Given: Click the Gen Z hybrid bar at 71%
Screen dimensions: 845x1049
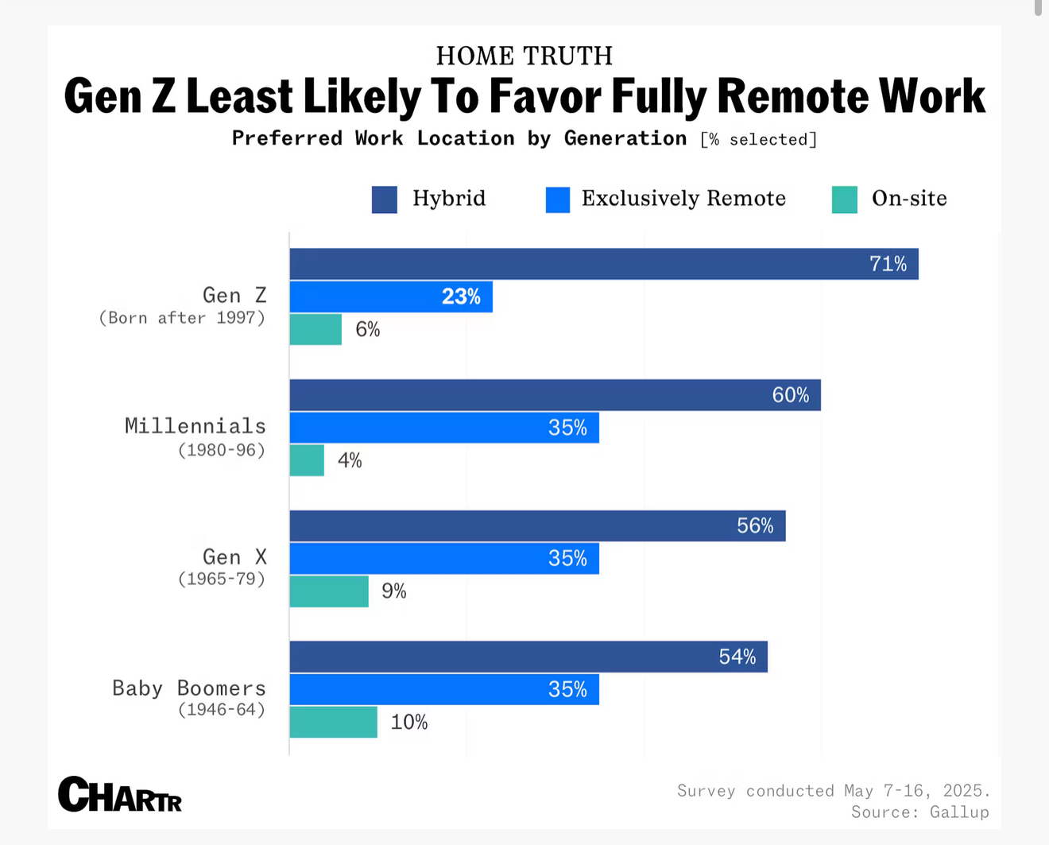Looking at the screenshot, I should point(604,264).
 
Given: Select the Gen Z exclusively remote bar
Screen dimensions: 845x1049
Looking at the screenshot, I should point(391,297).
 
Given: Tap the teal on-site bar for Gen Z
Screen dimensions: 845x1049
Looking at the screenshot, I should point(315,329).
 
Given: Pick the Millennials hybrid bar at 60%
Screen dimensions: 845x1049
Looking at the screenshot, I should point(555,395).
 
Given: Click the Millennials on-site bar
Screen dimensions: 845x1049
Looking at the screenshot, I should point(307,460).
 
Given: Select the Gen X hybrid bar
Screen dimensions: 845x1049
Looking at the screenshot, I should point(537,525).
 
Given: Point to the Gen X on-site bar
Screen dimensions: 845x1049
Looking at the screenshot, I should point(329,591).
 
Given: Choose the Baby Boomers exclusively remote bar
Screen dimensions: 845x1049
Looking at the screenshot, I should point(444,689).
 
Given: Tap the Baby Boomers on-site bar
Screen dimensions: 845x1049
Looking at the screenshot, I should point(333,722).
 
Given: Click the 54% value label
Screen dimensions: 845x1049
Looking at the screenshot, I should point(737,657).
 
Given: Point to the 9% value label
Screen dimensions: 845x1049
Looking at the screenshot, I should point(394,591).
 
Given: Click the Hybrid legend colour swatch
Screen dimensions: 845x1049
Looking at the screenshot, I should point(385,200).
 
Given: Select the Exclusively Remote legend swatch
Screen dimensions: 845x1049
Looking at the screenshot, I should point(558,200).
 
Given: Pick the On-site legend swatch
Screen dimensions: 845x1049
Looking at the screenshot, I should point(845,200).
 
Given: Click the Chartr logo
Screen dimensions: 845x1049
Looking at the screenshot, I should point(120,794).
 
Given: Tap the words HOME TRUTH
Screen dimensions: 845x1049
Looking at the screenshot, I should point(524,56).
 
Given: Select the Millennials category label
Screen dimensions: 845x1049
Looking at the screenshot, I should point(195,426).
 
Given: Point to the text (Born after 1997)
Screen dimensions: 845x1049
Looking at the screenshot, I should point(182,318).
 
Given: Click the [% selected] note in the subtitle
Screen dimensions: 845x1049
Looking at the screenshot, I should point(758,140).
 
